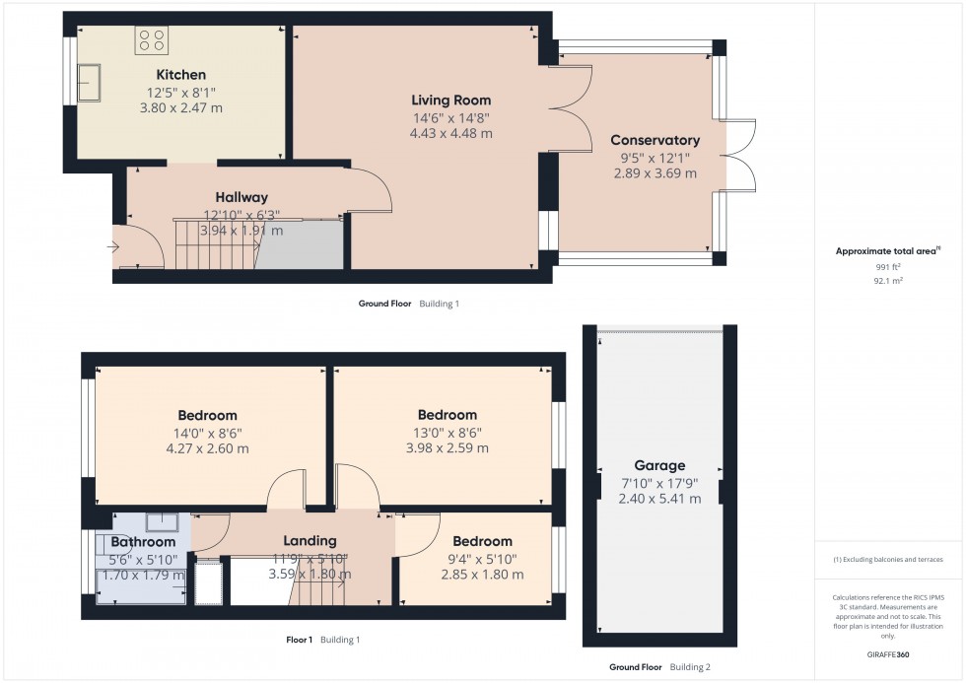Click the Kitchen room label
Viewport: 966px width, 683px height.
[x=181, y=75]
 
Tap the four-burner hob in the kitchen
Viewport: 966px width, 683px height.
[x=152, y=39]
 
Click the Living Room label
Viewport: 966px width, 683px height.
[x=450, y=100]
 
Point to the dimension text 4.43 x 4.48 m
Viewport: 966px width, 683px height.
[x=450, y=133]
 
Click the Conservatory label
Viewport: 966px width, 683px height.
[x=655, y=140]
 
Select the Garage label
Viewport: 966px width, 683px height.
[x=659, y=465]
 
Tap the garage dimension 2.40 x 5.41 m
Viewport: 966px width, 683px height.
[x=659, y=499]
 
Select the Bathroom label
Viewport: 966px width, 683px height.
[x=143, y=541]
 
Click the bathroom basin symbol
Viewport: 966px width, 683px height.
[x=162, y=522]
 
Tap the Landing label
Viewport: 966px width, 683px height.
[x=310, y=540]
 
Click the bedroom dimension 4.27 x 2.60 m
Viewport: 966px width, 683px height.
[x=207, y=448]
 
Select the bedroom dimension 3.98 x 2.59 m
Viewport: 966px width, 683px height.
[x=447, y=448]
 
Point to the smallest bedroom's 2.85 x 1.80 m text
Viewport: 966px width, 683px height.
[x=482, y=575]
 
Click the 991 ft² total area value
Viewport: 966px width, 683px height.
[x=868, y=266]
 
